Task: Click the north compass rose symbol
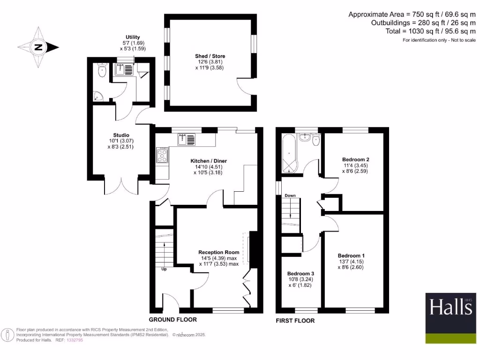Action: coord(37,47)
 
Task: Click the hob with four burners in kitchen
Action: coord(162,155)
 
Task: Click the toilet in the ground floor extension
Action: coord(102,71)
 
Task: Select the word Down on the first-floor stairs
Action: coord(290,195)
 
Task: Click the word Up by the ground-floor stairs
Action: coord(164,269)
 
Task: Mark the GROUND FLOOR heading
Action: coord(172,320)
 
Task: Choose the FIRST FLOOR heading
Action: coord(295,321)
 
